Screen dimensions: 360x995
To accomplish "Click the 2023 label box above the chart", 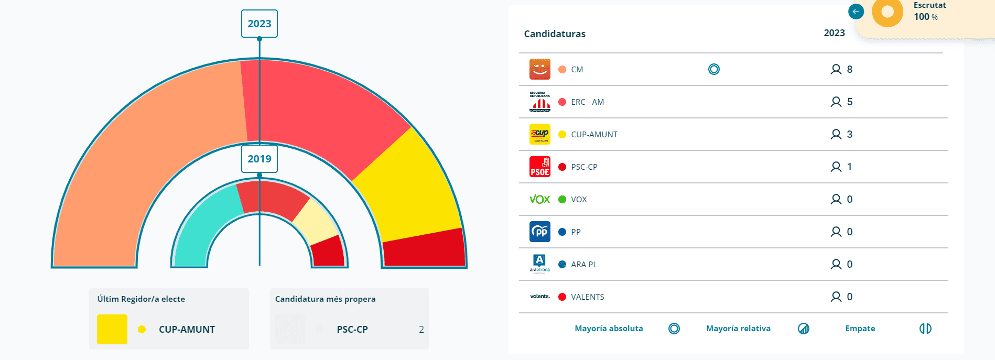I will tap(259, 24).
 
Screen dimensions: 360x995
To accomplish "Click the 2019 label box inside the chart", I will tap(259, 159).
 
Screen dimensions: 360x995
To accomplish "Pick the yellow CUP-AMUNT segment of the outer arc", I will tap(414, 189).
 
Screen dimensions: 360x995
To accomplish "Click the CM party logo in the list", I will tap(539, 69).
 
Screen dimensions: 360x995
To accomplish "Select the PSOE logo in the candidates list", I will tap(539, 167).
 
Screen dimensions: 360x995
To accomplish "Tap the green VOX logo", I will tap(539, 199).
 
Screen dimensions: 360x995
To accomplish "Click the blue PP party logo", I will tap(539, 232).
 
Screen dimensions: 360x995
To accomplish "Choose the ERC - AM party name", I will tap(587, 102).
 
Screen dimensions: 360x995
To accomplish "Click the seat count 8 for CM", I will tap(849, 69).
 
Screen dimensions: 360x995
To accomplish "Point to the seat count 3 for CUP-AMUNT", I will tap(849, 134).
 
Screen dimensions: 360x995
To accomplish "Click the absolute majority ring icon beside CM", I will tap(713, 69).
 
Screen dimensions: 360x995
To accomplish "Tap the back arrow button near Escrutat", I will tap(856, 12).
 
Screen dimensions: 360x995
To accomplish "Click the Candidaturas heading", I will tap(555, 34).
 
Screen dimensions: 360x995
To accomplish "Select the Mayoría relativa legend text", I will tap(738, 329).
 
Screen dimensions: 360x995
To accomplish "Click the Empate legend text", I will tap(860, 329).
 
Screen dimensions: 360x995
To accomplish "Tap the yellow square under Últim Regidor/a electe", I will tap(112, 329).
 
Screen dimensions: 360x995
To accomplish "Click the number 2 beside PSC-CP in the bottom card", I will tap(421, 330).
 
